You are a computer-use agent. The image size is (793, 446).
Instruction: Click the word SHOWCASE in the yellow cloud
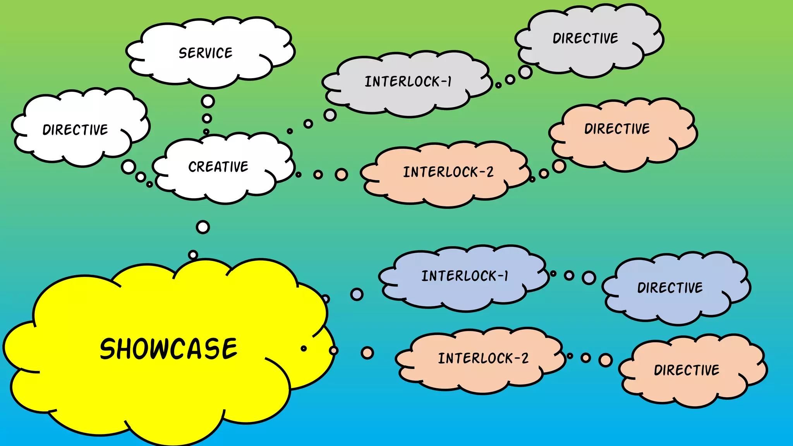coord(168,349)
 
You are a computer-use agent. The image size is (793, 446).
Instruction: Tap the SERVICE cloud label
coord(206,53)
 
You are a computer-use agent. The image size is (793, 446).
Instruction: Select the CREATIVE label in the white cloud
coord(218,166)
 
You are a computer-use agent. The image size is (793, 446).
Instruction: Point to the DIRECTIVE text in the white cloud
coord(75,130)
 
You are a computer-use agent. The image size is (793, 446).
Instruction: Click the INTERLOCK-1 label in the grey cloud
coord(408,82)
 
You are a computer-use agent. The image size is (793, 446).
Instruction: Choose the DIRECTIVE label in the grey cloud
coord(585,38)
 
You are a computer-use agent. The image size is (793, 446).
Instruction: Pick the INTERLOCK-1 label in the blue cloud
coord(465,276)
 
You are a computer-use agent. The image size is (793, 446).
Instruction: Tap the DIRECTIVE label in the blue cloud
coord(670,288)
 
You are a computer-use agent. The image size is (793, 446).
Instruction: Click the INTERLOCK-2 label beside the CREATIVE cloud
coord(448,172)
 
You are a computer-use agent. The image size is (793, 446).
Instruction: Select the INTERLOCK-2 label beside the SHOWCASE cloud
coord(483,358)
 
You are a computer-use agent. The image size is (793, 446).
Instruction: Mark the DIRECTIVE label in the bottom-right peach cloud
coord(687,370)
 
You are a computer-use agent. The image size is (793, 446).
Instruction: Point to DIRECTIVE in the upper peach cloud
coord(617,129)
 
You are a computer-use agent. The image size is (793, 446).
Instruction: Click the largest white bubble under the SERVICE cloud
coord(208,101)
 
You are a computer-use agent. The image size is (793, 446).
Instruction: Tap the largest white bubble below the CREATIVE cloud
coord(203,227)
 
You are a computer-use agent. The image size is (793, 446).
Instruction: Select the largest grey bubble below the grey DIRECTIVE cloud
coord(525,72)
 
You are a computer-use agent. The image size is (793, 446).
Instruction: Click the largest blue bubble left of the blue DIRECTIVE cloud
coord(589,278)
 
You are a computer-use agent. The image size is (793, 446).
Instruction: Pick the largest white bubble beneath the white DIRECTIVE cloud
coord(129,167)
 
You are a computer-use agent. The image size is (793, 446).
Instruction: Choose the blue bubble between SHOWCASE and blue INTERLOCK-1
coord(357,294)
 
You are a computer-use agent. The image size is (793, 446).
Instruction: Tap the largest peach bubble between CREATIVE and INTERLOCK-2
coord(341,175)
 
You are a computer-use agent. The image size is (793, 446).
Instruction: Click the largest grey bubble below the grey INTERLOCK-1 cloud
coord(330,115)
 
